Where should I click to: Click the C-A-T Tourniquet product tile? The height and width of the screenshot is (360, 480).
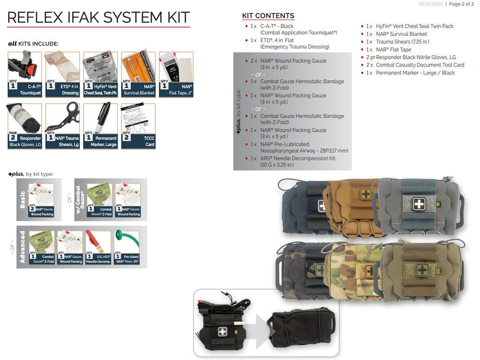(x=24, y=74)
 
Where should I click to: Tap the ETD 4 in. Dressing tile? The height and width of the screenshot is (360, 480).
(x=62, y=74)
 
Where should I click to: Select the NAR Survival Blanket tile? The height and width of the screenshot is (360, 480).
(x=138, y=74)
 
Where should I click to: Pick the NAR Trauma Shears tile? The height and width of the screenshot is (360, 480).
(x=62, y=126)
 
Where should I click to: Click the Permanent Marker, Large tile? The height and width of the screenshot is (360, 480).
(x=100, y=126)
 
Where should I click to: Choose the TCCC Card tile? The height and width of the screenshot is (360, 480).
(x=138, y=126)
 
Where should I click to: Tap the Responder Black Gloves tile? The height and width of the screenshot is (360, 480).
(x=24, y=126)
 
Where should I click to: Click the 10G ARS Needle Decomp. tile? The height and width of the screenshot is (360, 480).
(x=98, y=247)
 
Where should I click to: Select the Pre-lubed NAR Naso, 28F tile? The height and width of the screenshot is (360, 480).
(x=127, y=247)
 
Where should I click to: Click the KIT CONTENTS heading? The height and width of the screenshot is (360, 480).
(x=268, y=16)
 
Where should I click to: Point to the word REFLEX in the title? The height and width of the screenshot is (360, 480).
(x=34, y=18)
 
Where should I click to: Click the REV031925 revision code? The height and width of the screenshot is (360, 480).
(x=431, y=4)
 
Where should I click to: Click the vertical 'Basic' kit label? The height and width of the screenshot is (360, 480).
(x=22, y=199)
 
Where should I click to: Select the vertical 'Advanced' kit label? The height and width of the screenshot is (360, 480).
(x=22, y=247)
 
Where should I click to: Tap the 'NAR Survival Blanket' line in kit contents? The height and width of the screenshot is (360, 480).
(x=401, y=34)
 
